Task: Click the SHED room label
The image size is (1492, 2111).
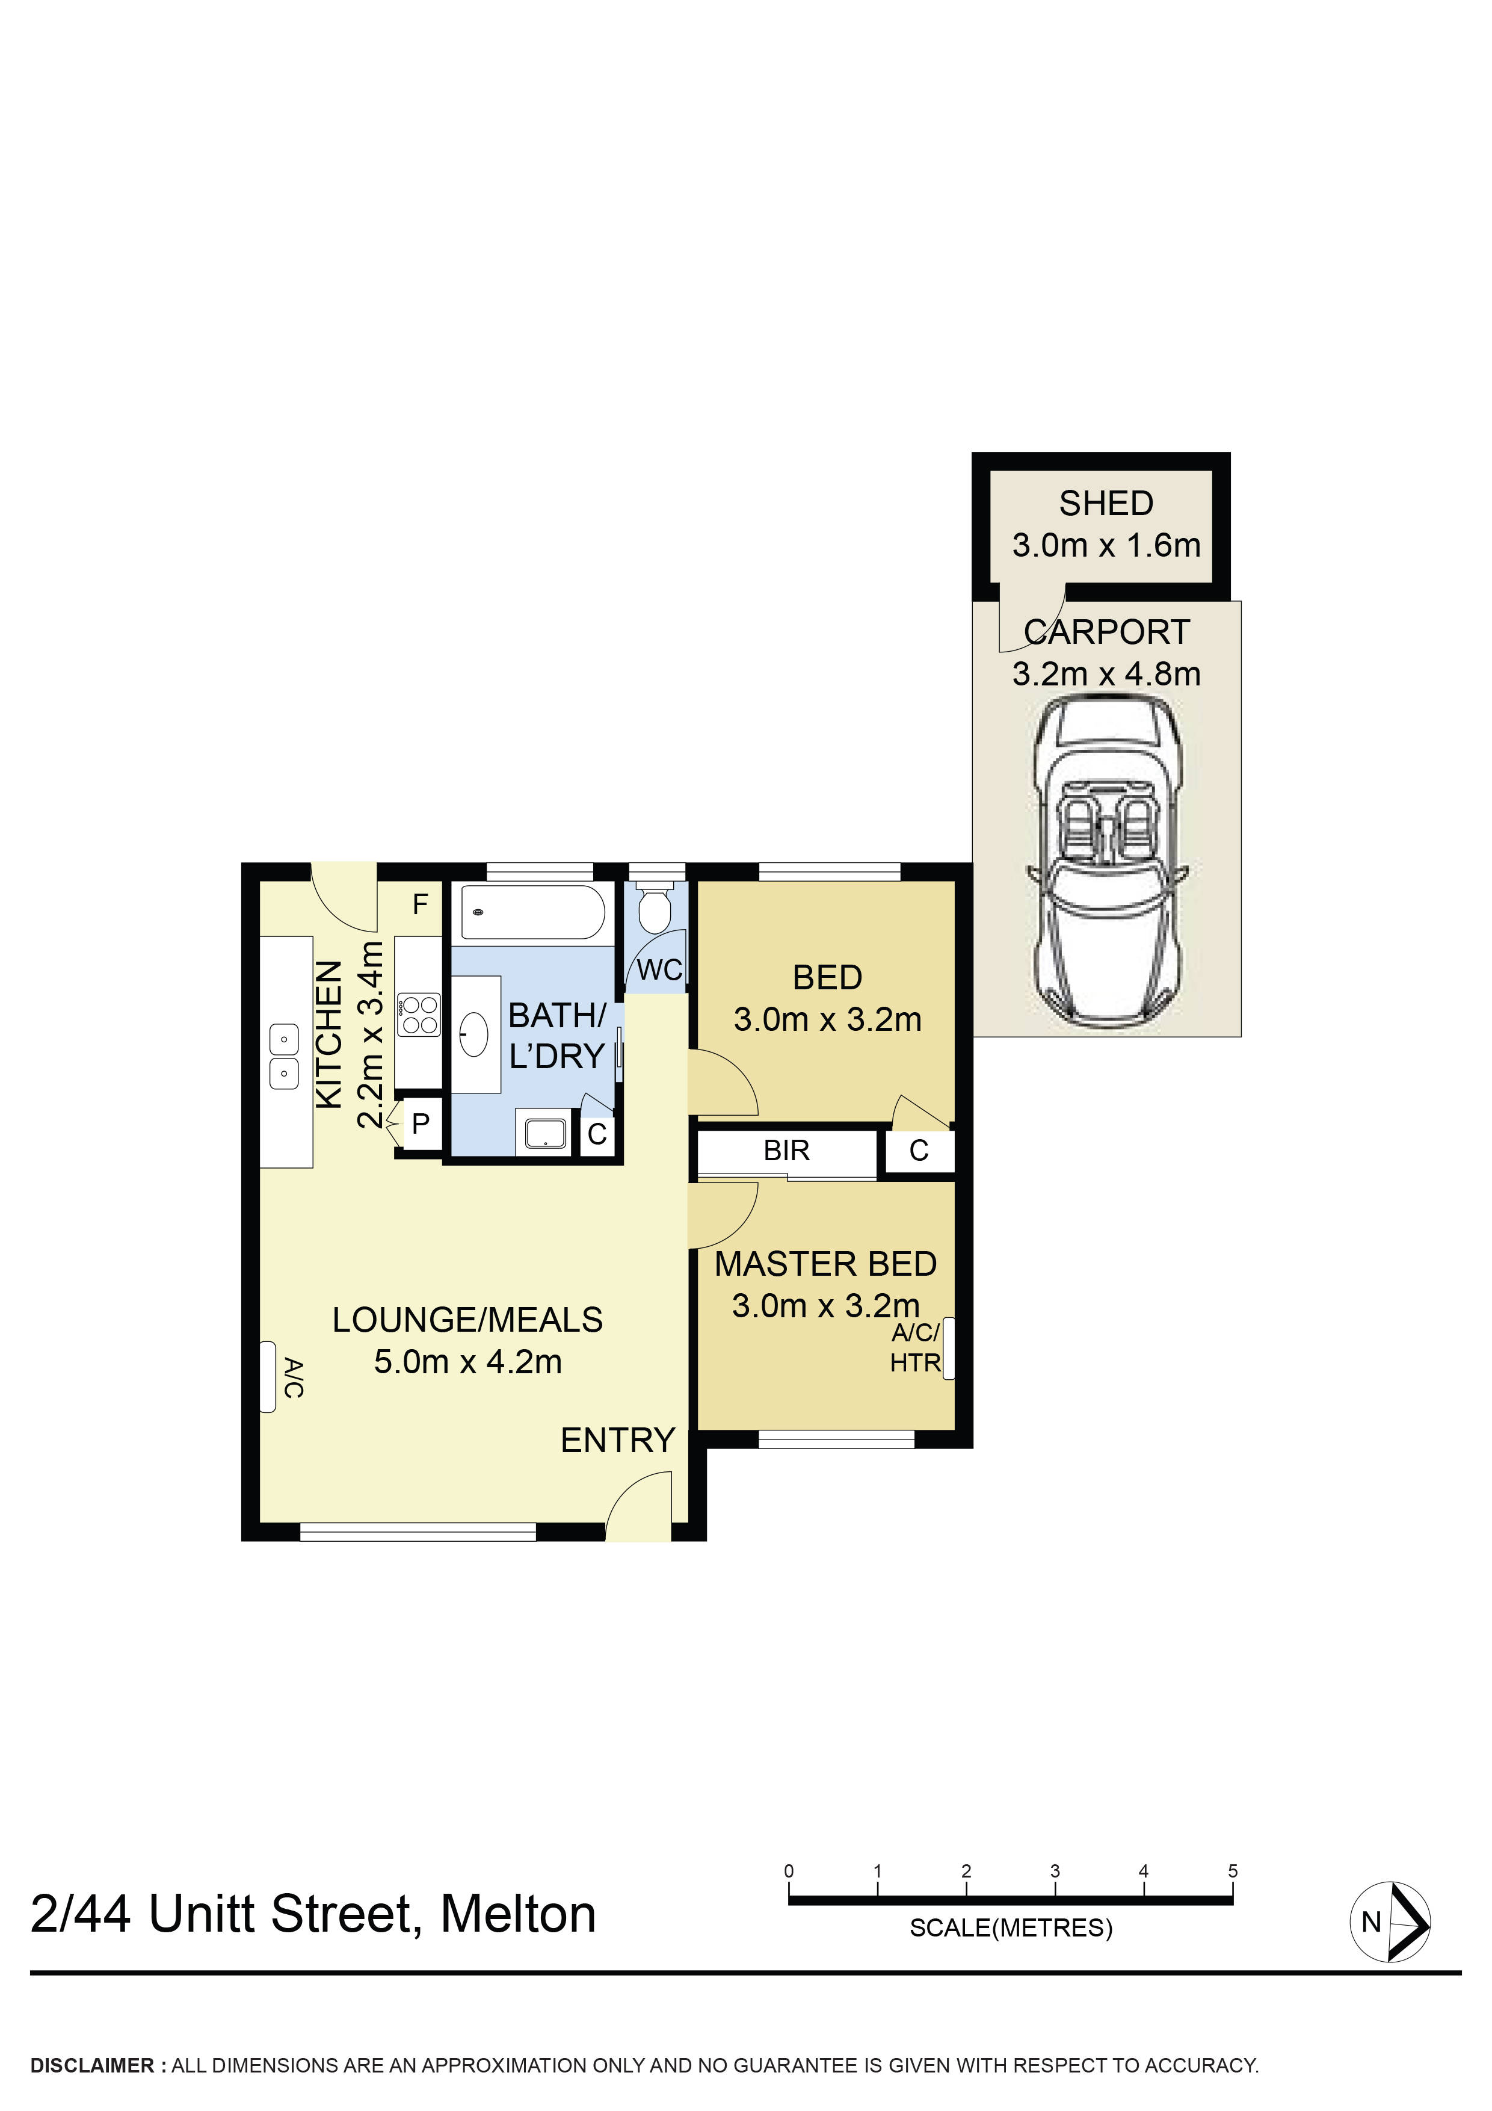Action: click(1105, 504)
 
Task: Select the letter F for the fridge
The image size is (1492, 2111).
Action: click(420, 904)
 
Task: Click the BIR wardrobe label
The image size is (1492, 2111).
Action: click(786, 1150)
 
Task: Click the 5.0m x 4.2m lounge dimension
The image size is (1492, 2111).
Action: click(467, 1362)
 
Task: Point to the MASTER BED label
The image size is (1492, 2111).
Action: click(825, 1264)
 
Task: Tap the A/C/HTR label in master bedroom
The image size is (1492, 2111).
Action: click(914, 1348)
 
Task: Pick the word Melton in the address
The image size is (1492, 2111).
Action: click(517, 1915)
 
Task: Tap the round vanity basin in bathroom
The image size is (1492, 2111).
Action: click(473, 1034)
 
